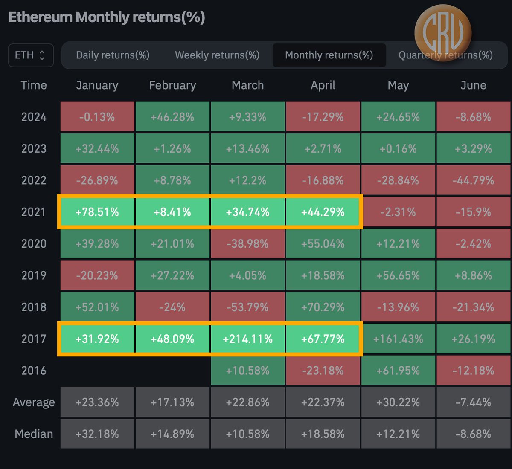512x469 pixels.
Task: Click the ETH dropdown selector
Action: click(31, 55)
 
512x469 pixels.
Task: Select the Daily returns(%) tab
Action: click(113, 55)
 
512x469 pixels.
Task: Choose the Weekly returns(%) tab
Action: click(217, 55)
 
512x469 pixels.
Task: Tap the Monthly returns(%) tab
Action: click(329, 55)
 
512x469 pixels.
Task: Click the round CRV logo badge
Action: click(443, 33)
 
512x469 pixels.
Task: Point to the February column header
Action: click(172, 85)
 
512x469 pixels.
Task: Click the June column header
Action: click(473, 85)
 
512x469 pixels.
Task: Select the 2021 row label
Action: click(33, 212)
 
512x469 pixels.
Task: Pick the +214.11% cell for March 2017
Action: click(247, 339)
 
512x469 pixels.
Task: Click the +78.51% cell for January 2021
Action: click(97, 212)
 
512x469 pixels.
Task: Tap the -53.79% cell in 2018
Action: click(247, 307)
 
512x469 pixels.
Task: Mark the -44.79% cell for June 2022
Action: click(473, 180)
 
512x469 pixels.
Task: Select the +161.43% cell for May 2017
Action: click(398, 339)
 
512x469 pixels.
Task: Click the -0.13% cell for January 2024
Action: click(97, 117)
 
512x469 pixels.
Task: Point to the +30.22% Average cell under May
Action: click(398, 402)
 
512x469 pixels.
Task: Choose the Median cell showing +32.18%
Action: click(97, 434)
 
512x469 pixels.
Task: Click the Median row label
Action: click(34, 434)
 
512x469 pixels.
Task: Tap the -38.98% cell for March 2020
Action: click(247, 244)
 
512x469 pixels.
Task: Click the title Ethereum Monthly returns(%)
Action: click(107, 17)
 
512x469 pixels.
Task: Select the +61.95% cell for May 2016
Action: click(398, 371)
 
